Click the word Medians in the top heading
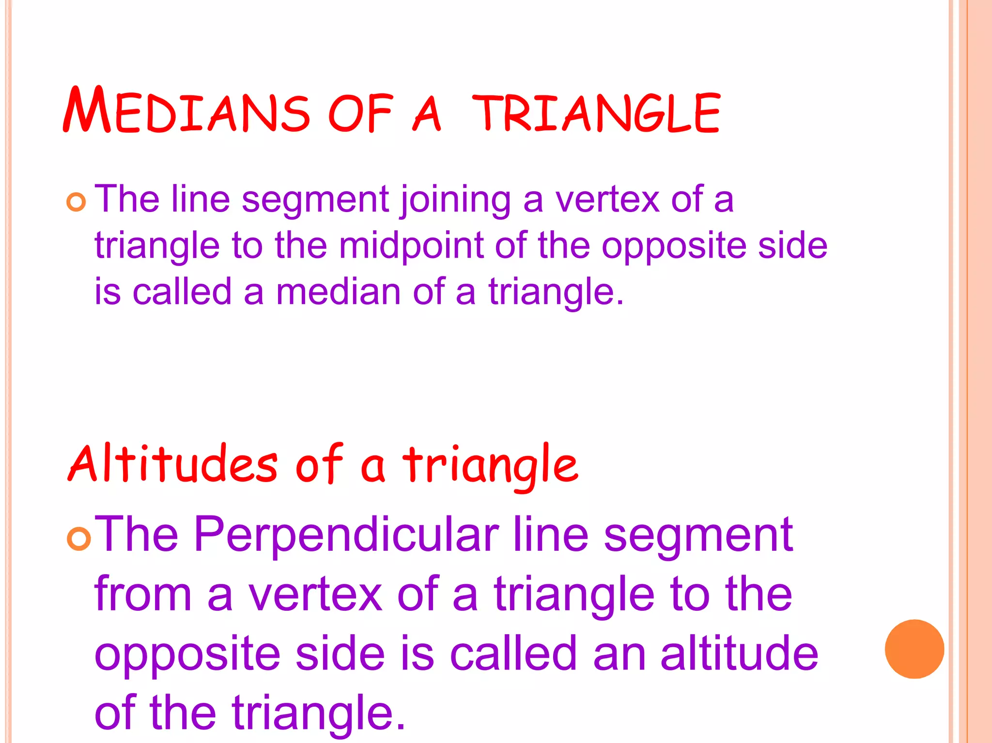click(186, 111)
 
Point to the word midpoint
click(411, 245)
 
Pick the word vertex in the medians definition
click(607, 199)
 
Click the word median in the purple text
click(338, 292)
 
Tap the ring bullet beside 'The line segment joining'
click(76, 202)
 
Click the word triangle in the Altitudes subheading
click(490, 465)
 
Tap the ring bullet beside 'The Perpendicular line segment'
click(78, 539)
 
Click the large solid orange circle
click(914, 649)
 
